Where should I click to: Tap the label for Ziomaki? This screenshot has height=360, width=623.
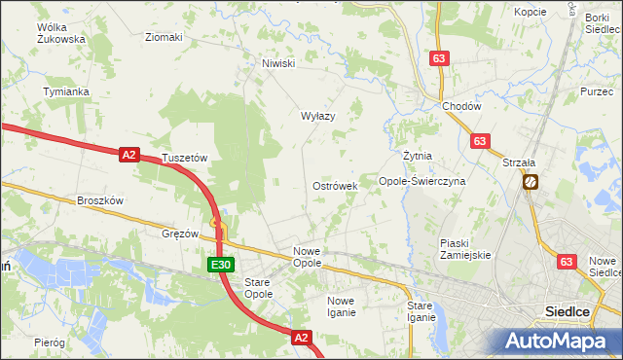[x=164, y=38]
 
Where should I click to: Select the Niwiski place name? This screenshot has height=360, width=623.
[x=277, y=64]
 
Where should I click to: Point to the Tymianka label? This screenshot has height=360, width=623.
[x=66, y=91]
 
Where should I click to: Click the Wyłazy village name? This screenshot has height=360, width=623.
[x=317, y=116]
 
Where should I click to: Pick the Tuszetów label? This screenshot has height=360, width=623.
[x=185, y=157]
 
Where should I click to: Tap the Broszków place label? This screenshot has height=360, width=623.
[x=100, y=200]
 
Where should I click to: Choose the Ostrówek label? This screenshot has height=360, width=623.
[x=335, y=185]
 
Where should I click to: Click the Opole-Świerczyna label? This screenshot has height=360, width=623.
[x=421, y=181]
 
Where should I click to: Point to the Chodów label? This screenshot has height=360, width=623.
[x=461, y=106]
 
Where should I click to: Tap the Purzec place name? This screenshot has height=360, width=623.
[x=596, y=90]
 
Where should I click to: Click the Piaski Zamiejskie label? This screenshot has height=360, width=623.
[x=465, y=248]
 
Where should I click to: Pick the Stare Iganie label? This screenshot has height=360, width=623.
[x=421, y=311]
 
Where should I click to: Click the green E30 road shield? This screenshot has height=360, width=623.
[x=220, y=265]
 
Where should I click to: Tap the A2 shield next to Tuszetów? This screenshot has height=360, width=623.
[x=130, y=154]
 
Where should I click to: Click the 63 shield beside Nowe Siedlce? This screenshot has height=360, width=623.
[x=568, y=262]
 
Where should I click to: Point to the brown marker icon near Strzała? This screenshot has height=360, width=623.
[x=531, y=181]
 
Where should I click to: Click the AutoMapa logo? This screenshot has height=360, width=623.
[x=559, y=341]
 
